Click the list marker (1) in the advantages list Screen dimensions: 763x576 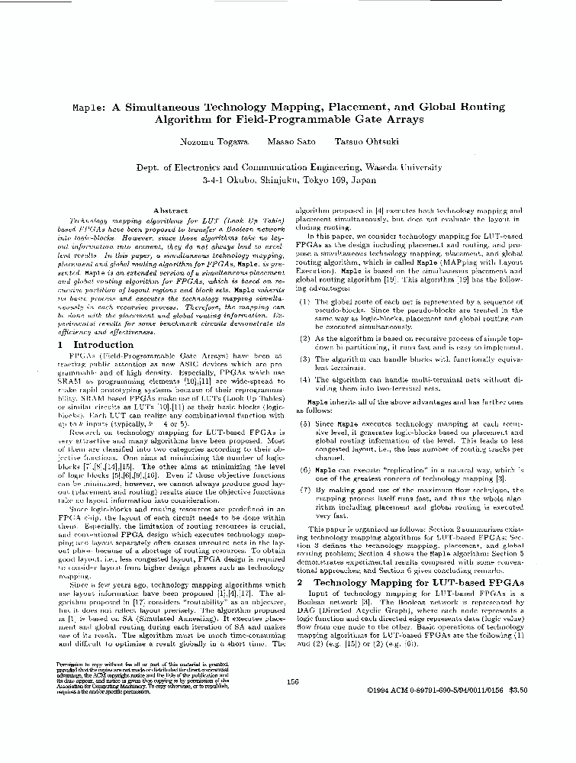(304, 302)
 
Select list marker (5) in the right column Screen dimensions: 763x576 (304, 422)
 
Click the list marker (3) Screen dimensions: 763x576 (304, 359)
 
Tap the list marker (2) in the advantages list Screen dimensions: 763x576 (304, 337)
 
